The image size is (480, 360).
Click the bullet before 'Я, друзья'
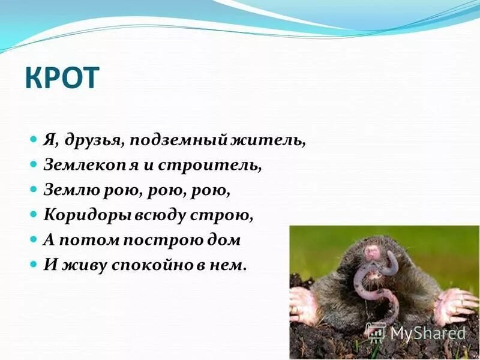tap(34, 139)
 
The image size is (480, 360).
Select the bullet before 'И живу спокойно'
tap(34, 265)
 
